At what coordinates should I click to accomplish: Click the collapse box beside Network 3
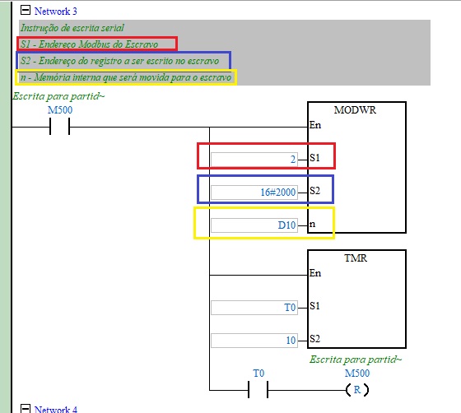[26, 10]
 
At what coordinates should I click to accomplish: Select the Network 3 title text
[56, 12]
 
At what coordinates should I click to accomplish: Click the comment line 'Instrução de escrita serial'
[72, 28]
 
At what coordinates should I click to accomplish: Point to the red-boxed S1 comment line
[90, 44]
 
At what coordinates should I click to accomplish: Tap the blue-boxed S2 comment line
[119, 61]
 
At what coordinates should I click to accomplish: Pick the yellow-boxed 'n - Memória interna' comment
[126, 77]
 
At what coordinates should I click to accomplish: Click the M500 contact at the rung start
[59, 127]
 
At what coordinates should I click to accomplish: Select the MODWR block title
[355, 110]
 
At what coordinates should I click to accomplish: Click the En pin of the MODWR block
[314, 125]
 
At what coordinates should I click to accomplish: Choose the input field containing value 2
[254, 160]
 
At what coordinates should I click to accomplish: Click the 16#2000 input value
[278, 193]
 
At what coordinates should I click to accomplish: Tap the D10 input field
[254, 225]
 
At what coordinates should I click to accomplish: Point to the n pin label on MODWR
[312, 224]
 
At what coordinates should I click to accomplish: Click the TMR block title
[356, 258]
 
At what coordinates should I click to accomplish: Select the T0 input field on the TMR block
[254, 308]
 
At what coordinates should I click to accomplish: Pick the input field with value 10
[254, 341]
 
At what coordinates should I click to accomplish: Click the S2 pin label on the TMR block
[314, 339]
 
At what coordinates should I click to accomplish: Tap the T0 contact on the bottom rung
[258, 390]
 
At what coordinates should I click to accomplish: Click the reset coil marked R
[357, 390]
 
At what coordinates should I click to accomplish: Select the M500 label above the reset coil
[357, 373]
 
